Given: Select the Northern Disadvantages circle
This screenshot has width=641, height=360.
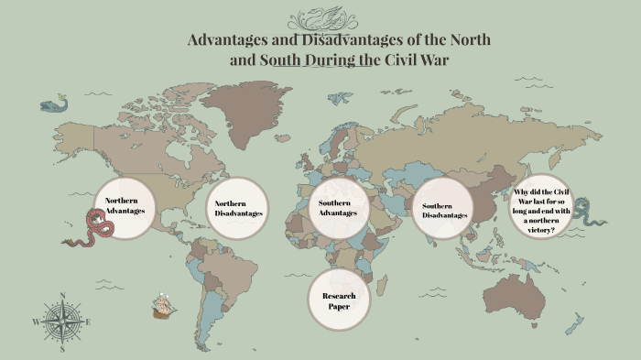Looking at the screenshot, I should click(x=239, y=208).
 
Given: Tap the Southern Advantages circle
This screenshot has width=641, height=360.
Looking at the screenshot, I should click(x=337, y=208).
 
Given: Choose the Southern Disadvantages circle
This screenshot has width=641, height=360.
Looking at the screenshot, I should click(x=445, y=209).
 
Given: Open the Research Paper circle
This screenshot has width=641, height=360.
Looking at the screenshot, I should click(x=338, y=300).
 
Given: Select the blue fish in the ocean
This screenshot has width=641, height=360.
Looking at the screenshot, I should click(x=54, y=104).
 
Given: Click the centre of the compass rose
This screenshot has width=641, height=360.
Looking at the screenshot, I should click(x=62, y=322).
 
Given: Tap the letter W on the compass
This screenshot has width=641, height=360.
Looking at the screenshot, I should click(x=36, y=322).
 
